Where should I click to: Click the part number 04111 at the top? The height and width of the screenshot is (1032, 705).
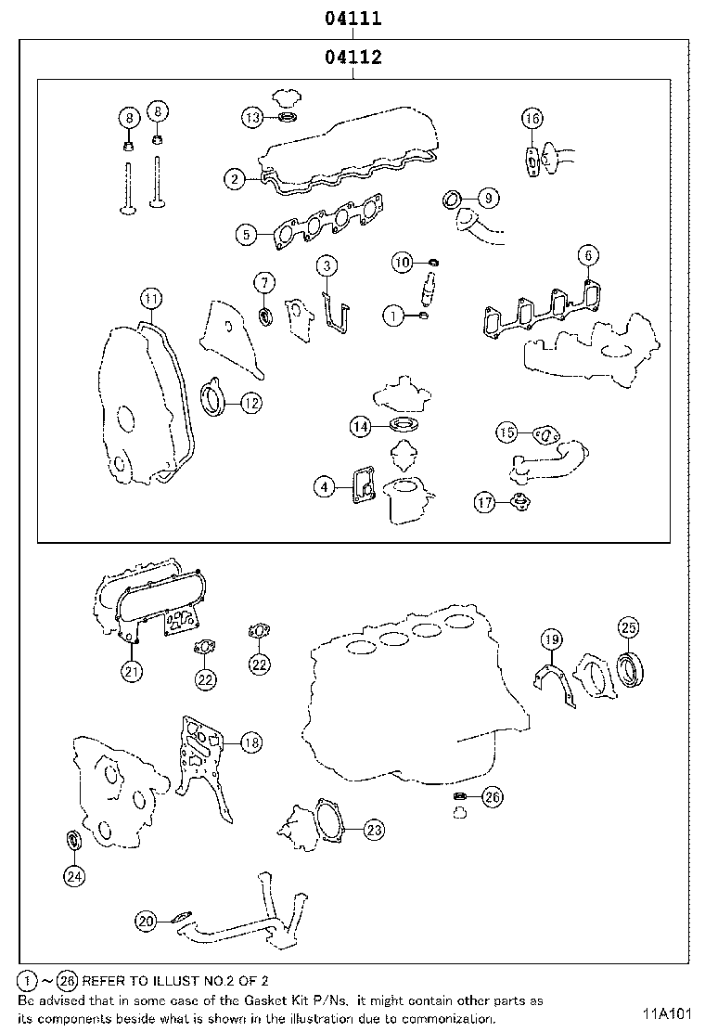pos(353,18)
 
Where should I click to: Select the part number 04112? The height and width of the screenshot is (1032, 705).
pos(353,58)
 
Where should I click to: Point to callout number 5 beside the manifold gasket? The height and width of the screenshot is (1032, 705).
pos(245,235)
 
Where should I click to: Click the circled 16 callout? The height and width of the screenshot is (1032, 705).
pos(532,118)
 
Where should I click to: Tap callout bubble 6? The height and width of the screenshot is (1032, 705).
pos(587,254)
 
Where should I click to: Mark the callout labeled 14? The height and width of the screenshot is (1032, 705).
pos(361,426)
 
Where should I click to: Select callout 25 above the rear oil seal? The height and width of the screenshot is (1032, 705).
pos(628,627)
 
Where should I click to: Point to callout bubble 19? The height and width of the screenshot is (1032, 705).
pos(551,639)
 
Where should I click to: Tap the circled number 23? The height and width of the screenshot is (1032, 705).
pos(374,829)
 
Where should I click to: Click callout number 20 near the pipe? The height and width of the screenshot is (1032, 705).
pos(147,921)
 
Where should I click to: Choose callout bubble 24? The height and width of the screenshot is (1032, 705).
pos(74,874)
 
